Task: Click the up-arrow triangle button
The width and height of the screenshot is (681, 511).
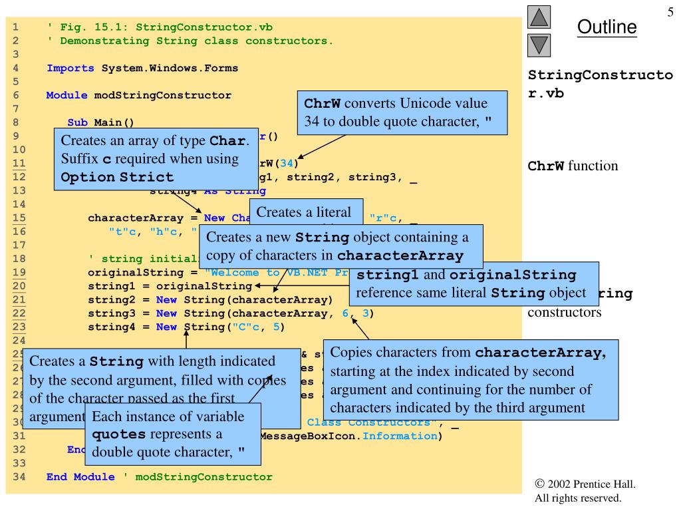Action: [x=539, y=17]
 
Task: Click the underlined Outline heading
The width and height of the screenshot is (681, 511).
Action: [x=607, y=27]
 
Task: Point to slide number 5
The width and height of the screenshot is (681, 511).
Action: [x=670, y=12]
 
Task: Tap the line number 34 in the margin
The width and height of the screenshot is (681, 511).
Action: [x=15, y=476]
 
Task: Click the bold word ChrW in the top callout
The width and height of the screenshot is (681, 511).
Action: [x=323, y=105]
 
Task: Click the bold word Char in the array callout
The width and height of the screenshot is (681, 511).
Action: [x=228, y=142]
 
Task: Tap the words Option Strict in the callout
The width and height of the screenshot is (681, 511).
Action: [x=117, y=178]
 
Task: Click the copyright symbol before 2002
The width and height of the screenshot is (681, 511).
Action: [x=539, y=484]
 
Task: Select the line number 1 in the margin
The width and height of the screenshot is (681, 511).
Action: [x=15, y=27]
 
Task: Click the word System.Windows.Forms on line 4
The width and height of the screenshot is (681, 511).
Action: [x=170, y=68]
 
